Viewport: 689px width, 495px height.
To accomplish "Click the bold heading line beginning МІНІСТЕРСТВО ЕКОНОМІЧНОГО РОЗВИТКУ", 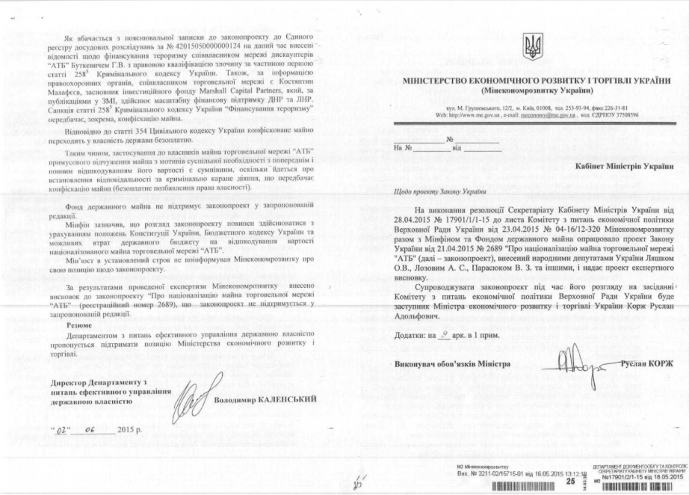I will pyautogui.click(x=536, y=80).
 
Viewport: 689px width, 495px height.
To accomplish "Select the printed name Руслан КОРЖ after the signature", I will pyautogui.click(x=646, y=363).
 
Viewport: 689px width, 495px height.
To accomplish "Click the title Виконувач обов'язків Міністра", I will pyautogui.click(x=452, y=364).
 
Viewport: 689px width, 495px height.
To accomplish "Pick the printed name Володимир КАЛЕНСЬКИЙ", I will pyautogui.click(x=264, y=399).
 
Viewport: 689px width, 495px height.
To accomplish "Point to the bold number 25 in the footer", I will pyautogui.click(x=570, y=482).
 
